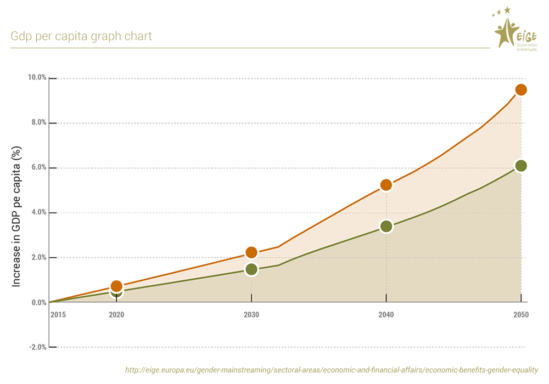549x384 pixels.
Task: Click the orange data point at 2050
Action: [521, 89]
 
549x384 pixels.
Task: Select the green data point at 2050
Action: [521, 166]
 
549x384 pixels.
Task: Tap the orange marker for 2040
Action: [386, 185]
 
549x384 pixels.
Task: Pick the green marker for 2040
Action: [386, 226]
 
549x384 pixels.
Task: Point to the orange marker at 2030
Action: [251, 252]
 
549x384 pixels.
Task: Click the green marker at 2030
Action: [251, 269]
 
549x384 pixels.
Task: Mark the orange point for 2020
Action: [116, 286]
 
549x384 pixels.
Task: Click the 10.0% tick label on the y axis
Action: [37, 78]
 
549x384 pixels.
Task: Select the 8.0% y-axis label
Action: [38, 123]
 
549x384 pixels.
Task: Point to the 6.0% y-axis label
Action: [38, 168]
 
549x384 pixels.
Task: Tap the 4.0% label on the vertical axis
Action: [38, 213]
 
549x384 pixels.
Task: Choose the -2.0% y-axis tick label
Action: [37, 347]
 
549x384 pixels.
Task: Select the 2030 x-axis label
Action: [251, 315]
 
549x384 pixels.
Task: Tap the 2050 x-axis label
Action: [521, 315]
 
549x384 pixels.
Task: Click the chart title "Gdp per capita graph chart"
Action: [81, 37]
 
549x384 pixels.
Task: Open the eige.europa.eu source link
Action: [332, 370]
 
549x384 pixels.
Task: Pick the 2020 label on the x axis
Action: [116, 315]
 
